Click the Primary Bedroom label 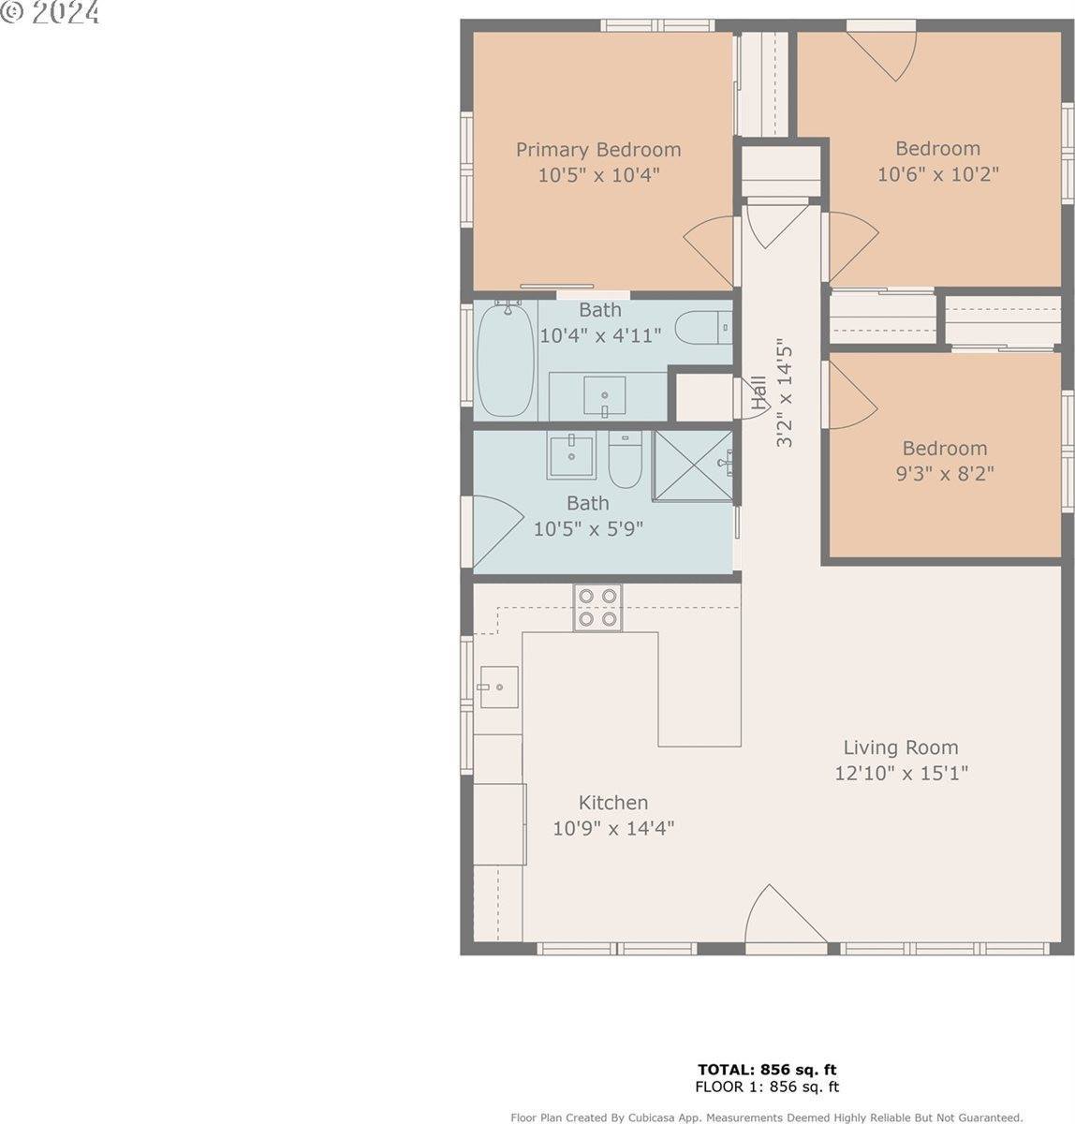pyautogui.click(x=598, y=150)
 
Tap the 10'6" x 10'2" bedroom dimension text pyautogui.click(x=937, y=174)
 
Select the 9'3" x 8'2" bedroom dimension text pyautogui.click(x=944, y=474)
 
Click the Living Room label pyautogui.click(x=900, y=747)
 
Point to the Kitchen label pyautogui.click(x=612, y=803)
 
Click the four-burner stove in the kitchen pyautogui.click(x=597, y=607)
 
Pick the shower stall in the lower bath pyautogui.click(x=692, y=466)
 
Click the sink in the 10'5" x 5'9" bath pyautogui.click(x=570, y=456)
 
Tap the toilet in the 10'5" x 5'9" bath pyautogui.click(x=623, y=458)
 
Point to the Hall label pyautogui.click(x=758, y=393)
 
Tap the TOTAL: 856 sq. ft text pyautogui.click(x=766, y=1070)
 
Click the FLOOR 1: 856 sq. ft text pyautogui.click(x=766, y=1087)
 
